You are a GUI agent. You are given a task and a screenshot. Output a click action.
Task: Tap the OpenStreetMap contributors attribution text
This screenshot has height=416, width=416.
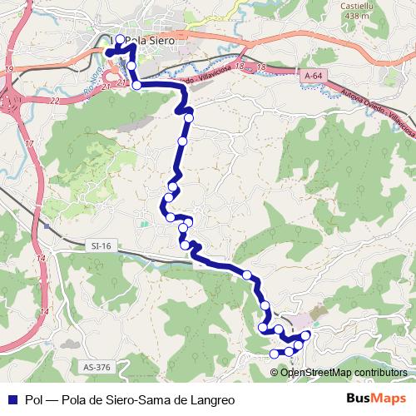pyautogui.click(x=343, y=372)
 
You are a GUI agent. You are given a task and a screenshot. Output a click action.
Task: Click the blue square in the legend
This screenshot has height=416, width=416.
pyautogui.click(x=11, y=399)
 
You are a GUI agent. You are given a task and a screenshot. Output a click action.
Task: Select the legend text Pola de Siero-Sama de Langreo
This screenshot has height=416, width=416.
pyautogui.click(x=150, y=399)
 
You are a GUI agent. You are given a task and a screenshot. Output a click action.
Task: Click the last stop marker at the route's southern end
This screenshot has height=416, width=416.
pyautogui.click(x=274, y=354)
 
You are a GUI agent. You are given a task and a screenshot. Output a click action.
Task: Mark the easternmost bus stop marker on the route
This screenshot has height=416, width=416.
pyautogui.click(x=306, y=334)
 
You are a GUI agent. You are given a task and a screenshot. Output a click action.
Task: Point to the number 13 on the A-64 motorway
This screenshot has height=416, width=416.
pyautogui.click(x=260, y=66)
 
